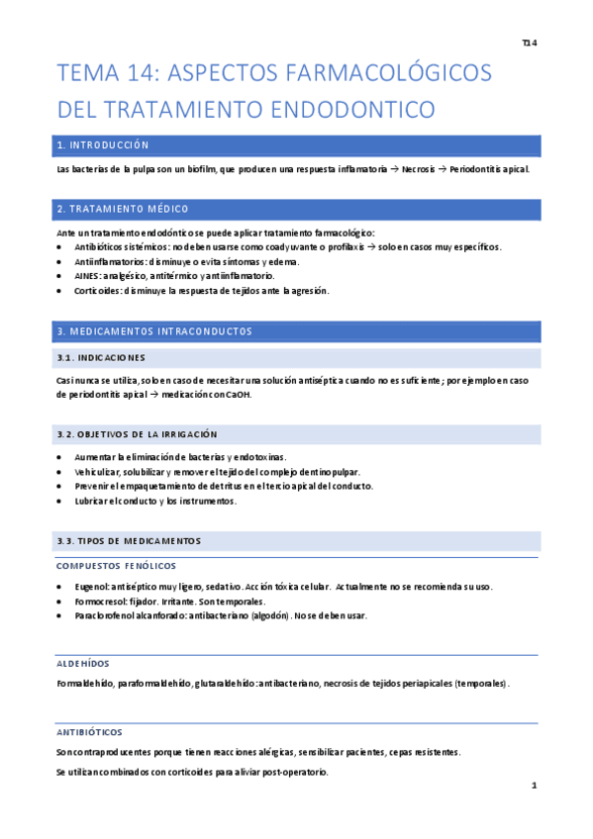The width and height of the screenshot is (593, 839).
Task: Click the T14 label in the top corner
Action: (528, 44)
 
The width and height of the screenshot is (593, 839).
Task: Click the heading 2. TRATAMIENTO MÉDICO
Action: (123, 209)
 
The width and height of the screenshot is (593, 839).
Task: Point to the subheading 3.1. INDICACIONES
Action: (101, 357)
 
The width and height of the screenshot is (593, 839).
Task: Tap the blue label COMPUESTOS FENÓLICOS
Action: (117, 565)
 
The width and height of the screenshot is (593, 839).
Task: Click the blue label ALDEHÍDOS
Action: (84, 663)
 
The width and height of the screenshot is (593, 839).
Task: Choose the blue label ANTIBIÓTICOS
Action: (90, 732)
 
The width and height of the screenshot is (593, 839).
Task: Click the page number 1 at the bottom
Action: (534, 786)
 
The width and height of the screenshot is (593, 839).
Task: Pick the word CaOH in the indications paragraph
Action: (238, 395)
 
